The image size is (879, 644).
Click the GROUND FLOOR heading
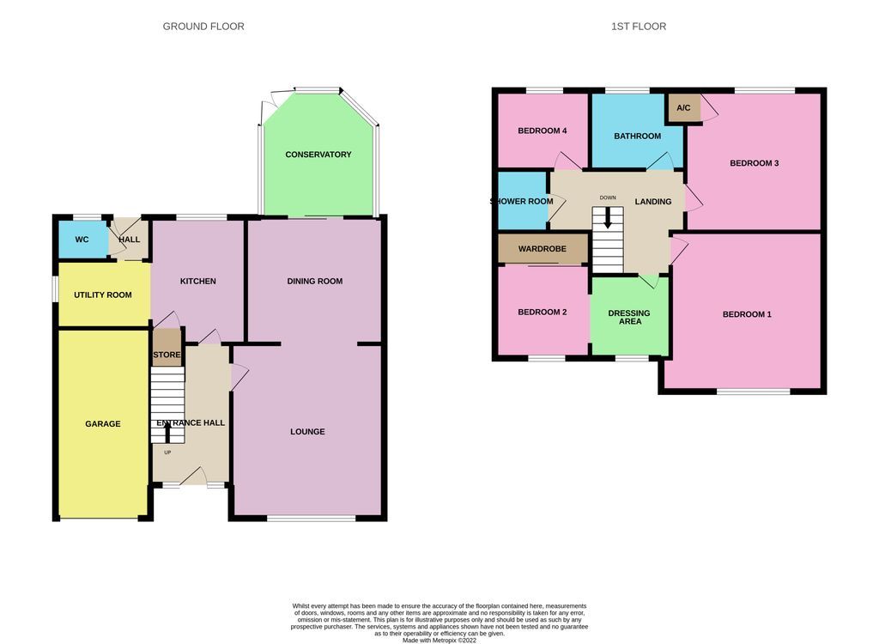click(x=203, y=27)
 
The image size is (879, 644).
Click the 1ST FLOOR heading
click(x=638, y=27)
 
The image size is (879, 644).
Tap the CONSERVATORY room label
click(x=318, y=155)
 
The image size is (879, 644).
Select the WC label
click(x=82, y=240)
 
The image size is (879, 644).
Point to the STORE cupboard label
click(x=167, y=355)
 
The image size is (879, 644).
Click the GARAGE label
click(x=102, y=424)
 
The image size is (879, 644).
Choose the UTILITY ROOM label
click(x=102, y=295)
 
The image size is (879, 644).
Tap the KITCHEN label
click(x=197, y=282)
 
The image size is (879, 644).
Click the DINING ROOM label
click(x=314, y=282)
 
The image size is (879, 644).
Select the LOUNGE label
click(x=307, y=432)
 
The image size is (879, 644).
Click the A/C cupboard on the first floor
click(x=684, y=108)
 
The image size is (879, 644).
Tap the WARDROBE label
click(x=542, y=250)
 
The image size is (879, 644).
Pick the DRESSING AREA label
click(x=629, y=318)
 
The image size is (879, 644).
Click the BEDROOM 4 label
click(x=542, y=131)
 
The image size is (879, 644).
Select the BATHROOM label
click(x=637, y=137)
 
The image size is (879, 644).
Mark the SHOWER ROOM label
click(x=522, y=202)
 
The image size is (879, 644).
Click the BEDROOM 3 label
click(x=754, y=163)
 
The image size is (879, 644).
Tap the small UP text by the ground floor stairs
click(x=167, y=453)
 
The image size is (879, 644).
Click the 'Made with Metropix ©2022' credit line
click(x=439, y=640)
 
